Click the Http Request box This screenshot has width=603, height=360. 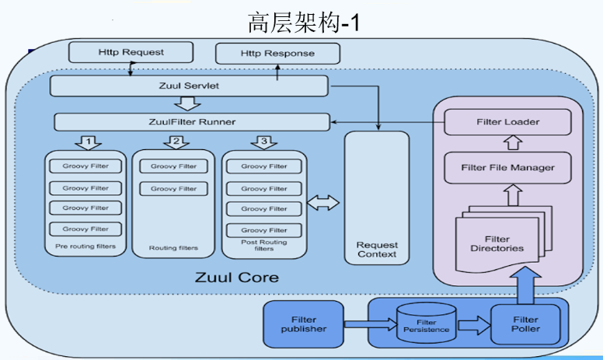pyautogui.click(x=131, y=52)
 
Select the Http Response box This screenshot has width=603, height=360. pyautogui.click(x=277, y=54)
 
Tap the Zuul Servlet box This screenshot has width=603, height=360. pyautogui.click(x=188, y=86)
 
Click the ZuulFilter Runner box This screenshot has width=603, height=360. pyautogui.click(x=191, y=122)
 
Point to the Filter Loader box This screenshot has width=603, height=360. pyautogui.click(x=507, y=122)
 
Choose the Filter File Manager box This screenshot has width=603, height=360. pyautogui.click(x=507, y=167)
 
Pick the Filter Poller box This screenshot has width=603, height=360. pyautogui.click(x=526, y=323)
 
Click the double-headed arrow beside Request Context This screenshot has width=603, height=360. pyautogui.click(x=324, y=203)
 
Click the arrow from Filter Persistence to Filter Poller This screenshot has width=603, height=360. pyautogui.click(x=471, y=323)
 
